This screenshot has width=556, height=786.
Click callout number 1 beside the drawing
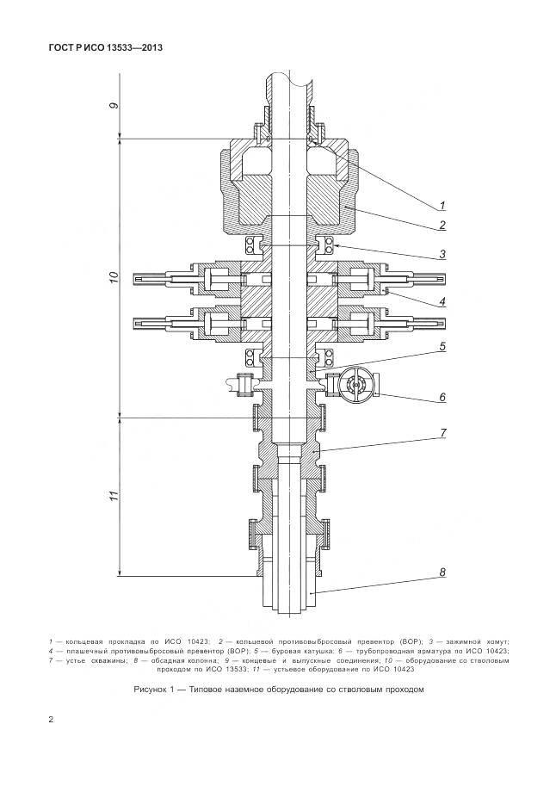click(x=441, y=205)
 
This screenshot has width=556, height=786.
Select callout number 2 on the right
click(x=441, y=226)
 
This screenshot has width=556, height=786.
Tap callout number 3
click(x=441, y=254)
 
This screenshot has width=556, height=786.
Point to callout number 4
click(x=441, y=301)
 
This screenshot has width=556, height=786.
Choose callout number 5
click(x=441, y=347)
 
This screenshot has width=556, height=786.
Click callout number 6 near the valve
click(x=441, y=398)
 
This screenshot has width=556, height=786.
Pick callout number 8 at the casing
click(x=441, y=571)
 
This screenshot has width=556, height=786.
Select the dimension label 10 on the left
click(x=113, y=277)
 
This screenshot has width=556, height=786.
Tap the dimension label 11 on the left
click(x=113, y=496)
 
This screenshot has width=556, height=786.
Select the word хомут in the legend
click(x=495, y=641)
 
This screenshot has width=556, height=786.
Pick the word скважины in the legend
click(x=101, y=660)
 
